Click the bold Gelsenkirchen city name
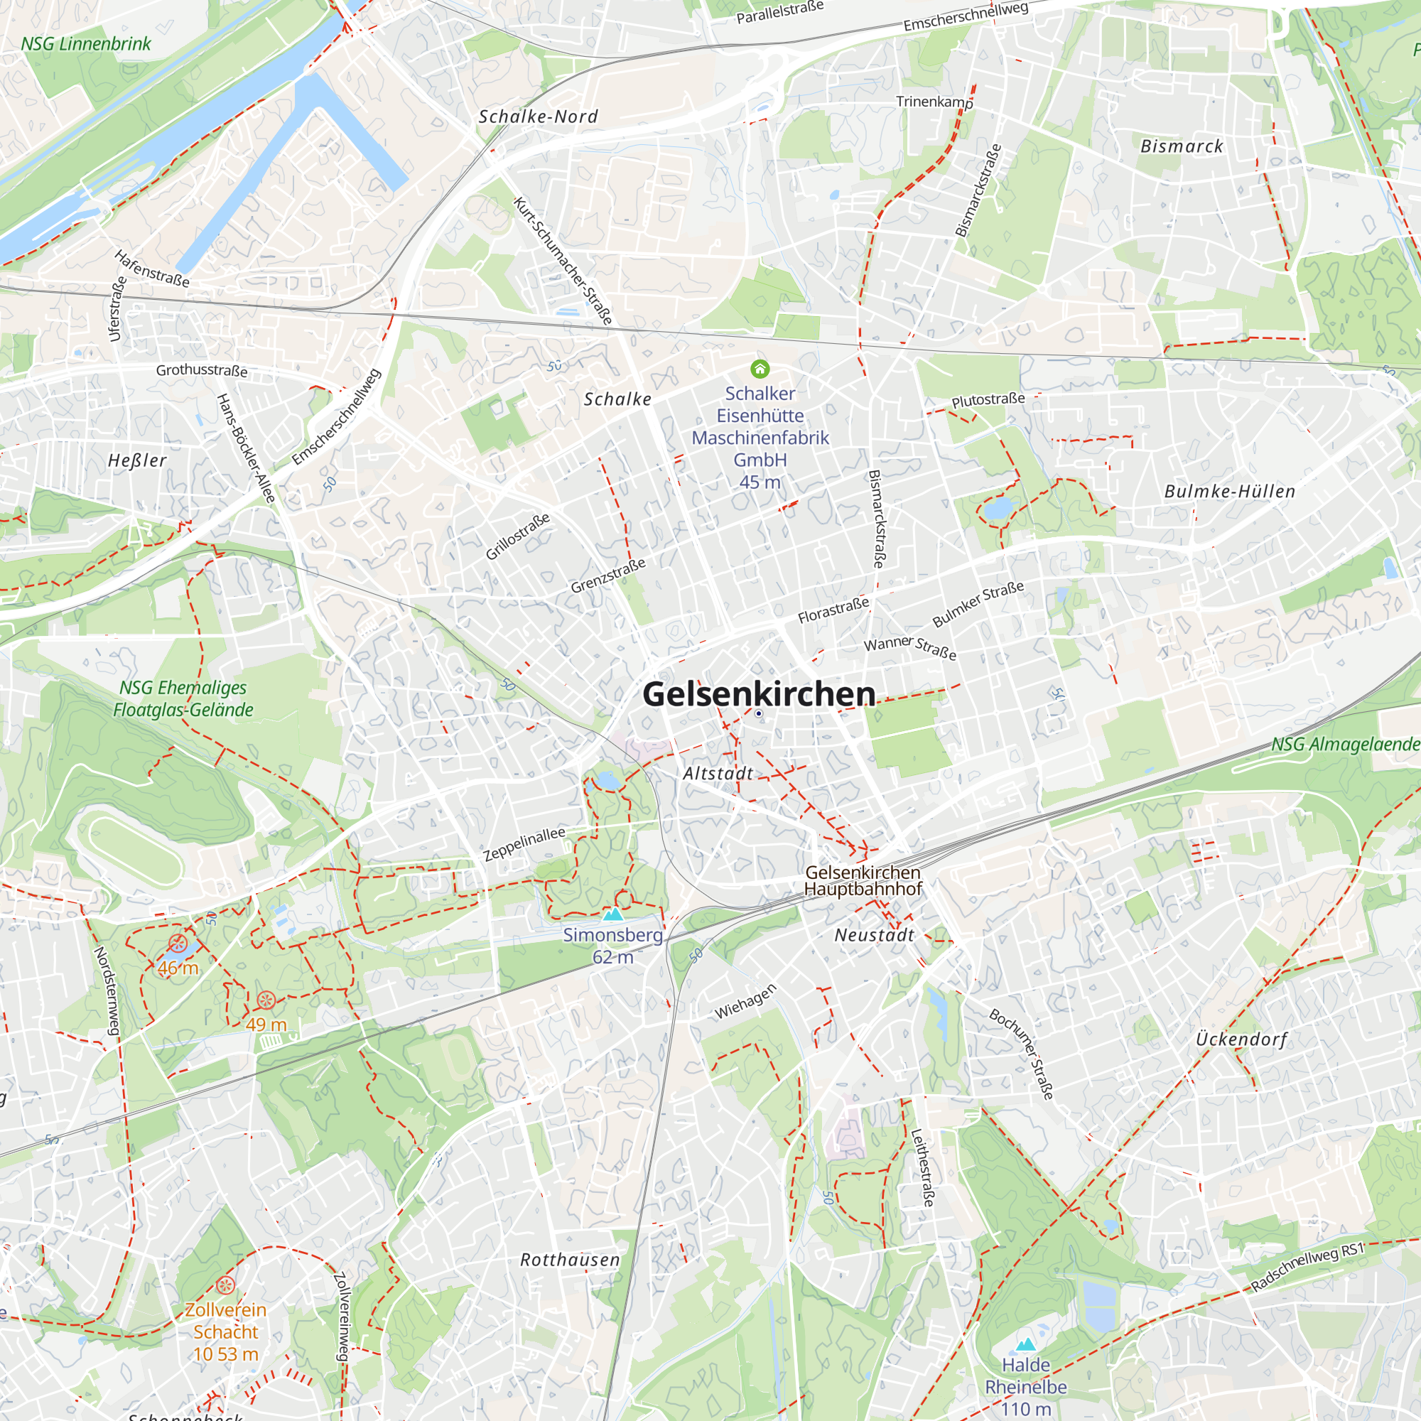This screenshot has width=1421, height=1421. [x=758, y=693]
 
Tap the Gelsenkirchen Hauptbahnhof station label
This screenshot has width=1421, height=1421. [x=862, y=880]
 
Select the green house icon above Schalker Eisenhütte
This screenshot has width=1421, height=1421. [x=759, y=369]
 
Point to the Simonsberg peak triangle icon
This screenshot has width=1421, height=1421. [x=612, y=915]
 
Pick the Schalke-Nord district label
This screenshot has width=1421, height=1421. [x=539, y=117]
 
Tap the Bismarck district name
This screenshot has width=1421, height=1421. [x=1182, y=146]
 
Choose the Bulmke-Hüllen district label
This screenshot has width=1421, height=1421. [x=1229, y=492]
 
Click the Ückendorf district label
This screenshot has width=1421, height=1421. [x=1241, y=1039]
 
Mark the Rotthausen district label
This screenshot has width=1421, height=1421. [x=570, y=1260]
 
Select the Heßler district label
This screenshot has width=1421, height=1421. [x=138, y=460]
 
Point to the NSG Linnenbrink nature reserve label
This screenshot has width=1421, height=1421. [x=85, y=44]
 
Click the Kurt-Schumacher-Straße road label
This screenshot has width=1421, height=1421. [x=563, y=260]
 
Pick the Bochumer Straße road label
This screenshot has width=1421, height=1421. [x=1022, y=1054]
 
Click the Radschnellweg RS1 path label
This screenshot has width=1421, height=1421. [x=1307, y=1268]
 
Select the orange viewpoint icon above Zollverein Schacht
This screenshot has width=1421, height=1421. [x=226, y=1285]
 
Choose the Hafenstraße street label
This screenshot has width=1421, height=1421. [x=152, y=269]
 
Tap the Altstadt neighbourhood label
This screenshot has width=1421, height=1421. [x=718, y=774]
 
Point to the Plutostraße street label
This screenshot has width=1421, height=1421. [x=988, y=400]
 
